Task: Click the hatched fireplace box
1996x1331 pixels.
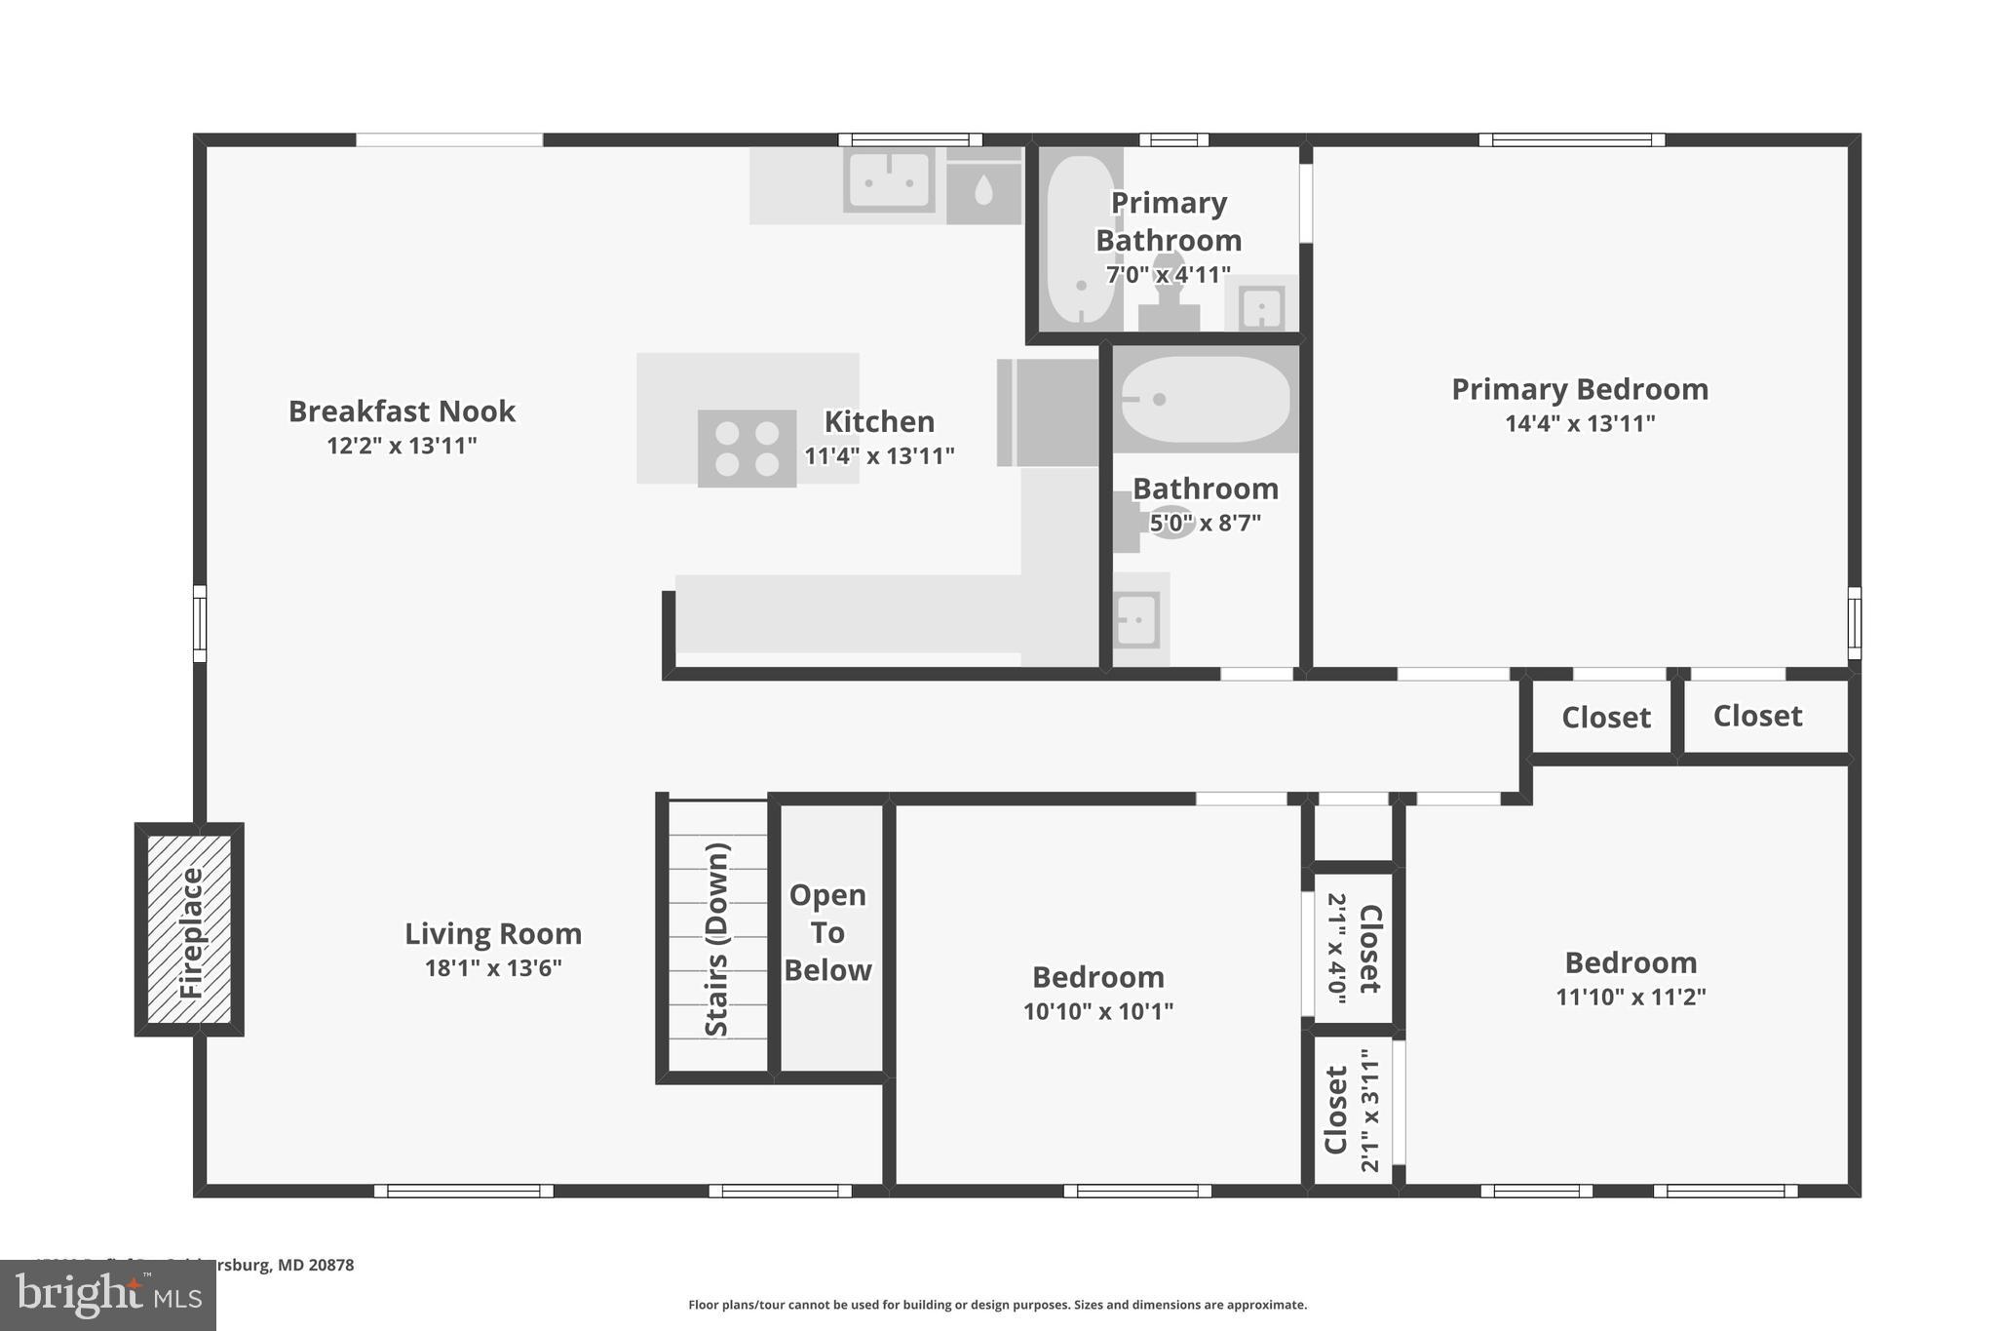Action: (189, 929)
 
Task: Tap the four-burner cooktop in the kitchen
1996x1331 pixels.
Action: (747, 449)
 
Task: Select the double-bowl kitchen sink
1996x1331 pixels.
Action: (888, 180)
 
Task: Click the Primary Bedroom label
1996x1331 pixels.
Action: (1579, 389)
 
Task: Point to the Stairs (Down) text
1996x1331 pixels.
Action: (717, 939)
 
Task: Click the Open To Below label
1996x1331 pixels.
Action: (827, 932)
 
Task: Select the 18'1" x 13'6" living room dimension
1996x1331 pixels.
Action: (493, 968)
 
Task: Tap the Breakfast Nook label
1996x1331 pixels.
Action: (402, 411)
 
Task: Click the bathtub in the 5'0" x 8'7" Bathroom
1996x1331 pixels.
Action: (1206, 400)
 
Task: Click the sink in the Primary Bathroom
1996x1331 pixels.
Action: (1261, 308)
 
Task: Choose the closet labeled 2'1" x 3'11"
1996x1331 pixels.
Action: (1353, 1110)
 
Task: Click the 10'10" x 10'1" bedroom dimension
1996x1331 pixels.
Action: (1097, 1011)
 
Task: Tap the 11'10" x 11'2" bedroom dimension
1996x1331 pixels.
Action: (1631, 997)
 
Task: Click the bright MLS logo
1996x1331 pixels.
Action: (108, 1295)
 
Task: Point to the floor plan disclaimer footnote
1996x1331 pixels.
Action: (997, 1305)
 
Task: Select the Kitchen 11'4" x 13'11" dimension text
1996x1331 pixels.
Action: (879, 455)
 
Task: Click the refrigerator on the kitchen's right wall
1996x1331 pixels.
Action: (1048, 412)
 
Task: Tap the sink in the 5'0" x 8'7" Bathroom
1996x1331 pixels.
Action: (1135, 619)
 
